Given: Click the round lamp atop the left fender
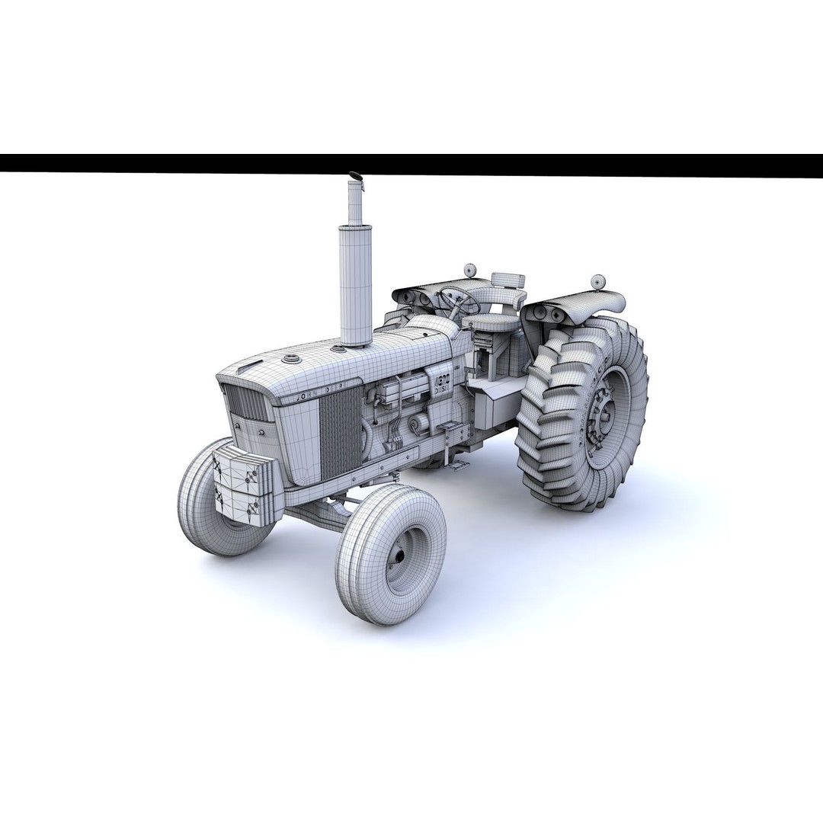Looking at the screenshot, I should [470, 269].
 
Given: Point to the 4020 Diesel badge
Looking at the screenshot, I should [442, 381].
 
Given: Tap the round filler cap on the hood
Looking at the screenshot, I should [291, 358].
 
